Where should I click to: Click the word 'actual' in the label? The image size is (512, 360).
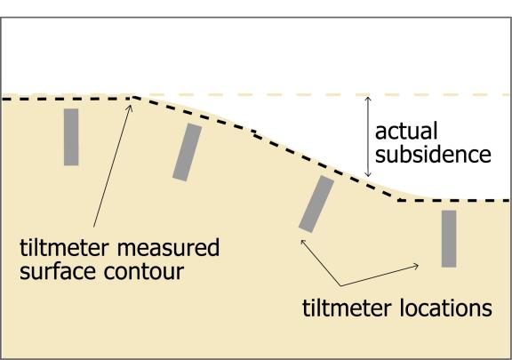(406, 131)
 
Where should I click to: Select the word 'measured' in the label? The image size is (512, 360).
(168, 247)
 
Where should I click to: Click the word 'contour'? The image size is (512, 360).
(144, 271)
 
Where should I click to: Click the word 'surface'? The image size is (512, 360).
(58, 271)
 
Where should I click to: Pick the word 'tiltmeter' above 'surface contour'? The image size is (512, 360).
(64, 247)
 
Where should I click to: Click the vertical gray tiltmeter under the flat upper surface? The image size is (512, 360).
(71, 137)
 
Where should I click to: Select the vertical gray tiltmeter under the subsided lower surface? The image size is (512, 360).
(449, 239)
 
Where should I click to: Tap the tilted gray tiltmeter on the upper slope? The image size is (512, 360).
(188, 152)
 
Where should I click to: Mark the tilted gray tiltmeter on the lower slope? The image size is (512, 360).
(316, 204)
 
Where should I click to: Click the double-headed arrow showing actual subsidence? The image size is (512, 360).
(368, 137)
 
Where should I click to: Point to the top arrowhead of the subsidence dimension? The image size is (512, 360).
(368, 99)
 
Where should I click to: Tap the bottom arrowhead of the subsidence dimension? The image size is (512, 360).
(368, 175)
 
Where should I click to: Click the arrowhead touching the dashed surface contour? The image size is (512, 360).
(131, 108)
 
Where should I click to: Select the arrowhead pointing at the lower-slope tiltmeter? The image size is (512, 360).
(303, 242)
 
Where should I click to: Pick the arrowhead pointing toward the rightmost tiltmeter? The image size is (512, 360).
(416, 266)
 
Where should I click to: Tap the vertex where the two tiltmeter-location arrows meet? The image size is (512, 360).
(340, 286)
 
